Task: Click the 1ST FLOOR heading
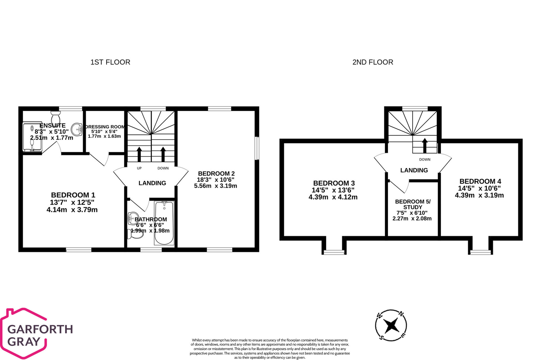tap(110, 62)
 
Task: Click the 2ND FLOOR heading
tap(373, 62)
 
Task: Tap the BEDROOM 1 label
tap(73, 195)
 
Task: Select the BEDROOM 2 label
tap(216, 174)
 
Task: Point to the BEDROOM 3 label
tap(334, 183)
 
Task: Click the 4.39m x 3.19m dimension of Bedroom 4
tap(479, 195)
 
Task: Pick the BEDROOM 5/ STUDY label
tap(413, 204)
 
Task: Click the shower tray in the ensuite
tap(32, 137)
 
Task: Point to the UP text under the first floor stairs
tap(139, 168)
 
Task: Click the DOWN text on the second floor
tap(424, 159)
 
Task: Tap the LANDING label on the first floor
tap(152, 183)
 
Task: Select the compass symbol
tap(391, 325)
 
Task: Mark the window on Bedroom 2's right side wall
tap(257, 148)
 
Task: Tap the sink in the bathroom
tap(133, 218)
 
